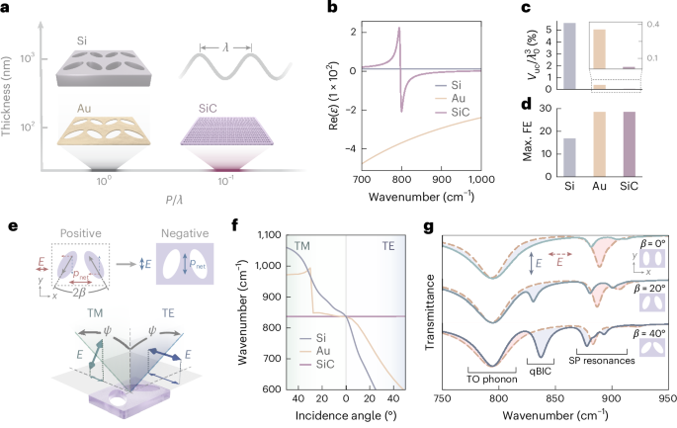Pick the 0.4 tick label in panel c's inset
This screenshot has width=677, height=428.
point(659,22)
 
